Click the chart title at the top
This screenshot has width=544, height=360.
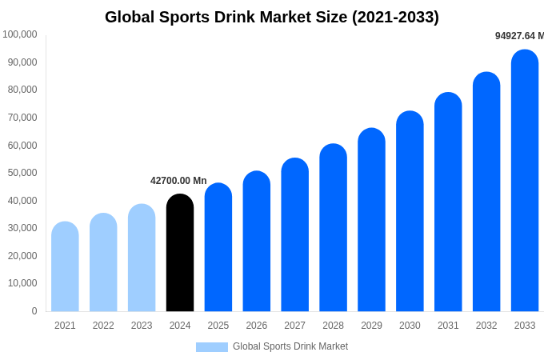pyautogui.click(x=272, y=17)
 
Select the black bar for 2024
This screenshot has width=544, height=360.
pyautogui.click(x=180, y=254)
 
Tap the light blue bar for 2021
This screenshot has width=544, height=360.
pyautogui.click(x=65, y=268)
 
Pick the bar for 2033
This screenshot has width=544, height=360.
pyautogui.click(x=525, y=182)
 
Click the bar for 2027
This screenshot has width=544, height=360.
pyautogui.click(x=294, y=236)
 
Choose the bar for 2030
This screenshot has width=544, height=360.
pyautogui.click(x=410, y=212)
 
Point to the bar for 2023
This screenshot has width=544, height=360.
pyautogui.click(x=142, y=258)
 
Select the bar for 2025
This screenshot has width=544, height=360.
pyautogui.click(x=218, y=248)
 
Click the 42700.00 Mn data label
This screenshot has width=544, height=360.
pyautogui.click(x=178, y=181)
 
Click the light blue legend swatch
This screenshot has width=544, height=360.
pyautogui.click(x=211, y=347)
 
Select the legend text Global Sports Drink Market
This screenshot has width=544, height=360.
pyautogui.click(x=290, y=346)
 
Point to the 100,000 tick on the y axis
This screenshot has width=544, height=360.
pyautogui.click(x=20, y=34)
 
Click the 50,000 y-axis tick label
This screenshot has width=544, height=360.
pyautogui.click(x=20, y=173)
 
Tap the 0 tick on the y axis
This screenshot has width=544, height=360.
pyautogui.click(x=34, y=311)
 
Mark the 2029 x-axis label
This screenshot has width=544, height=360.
pyautogui.click(x=371, y=326)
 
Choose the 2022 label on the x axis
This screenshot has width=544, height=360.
pyautogui.click(x=103, y=326)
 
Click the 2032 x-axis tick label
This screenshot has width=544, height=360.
pyautogui.click(x=486, y=326)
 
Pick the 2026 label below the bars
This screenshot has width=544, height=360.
pyautogui.click(x=257, y=326)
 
